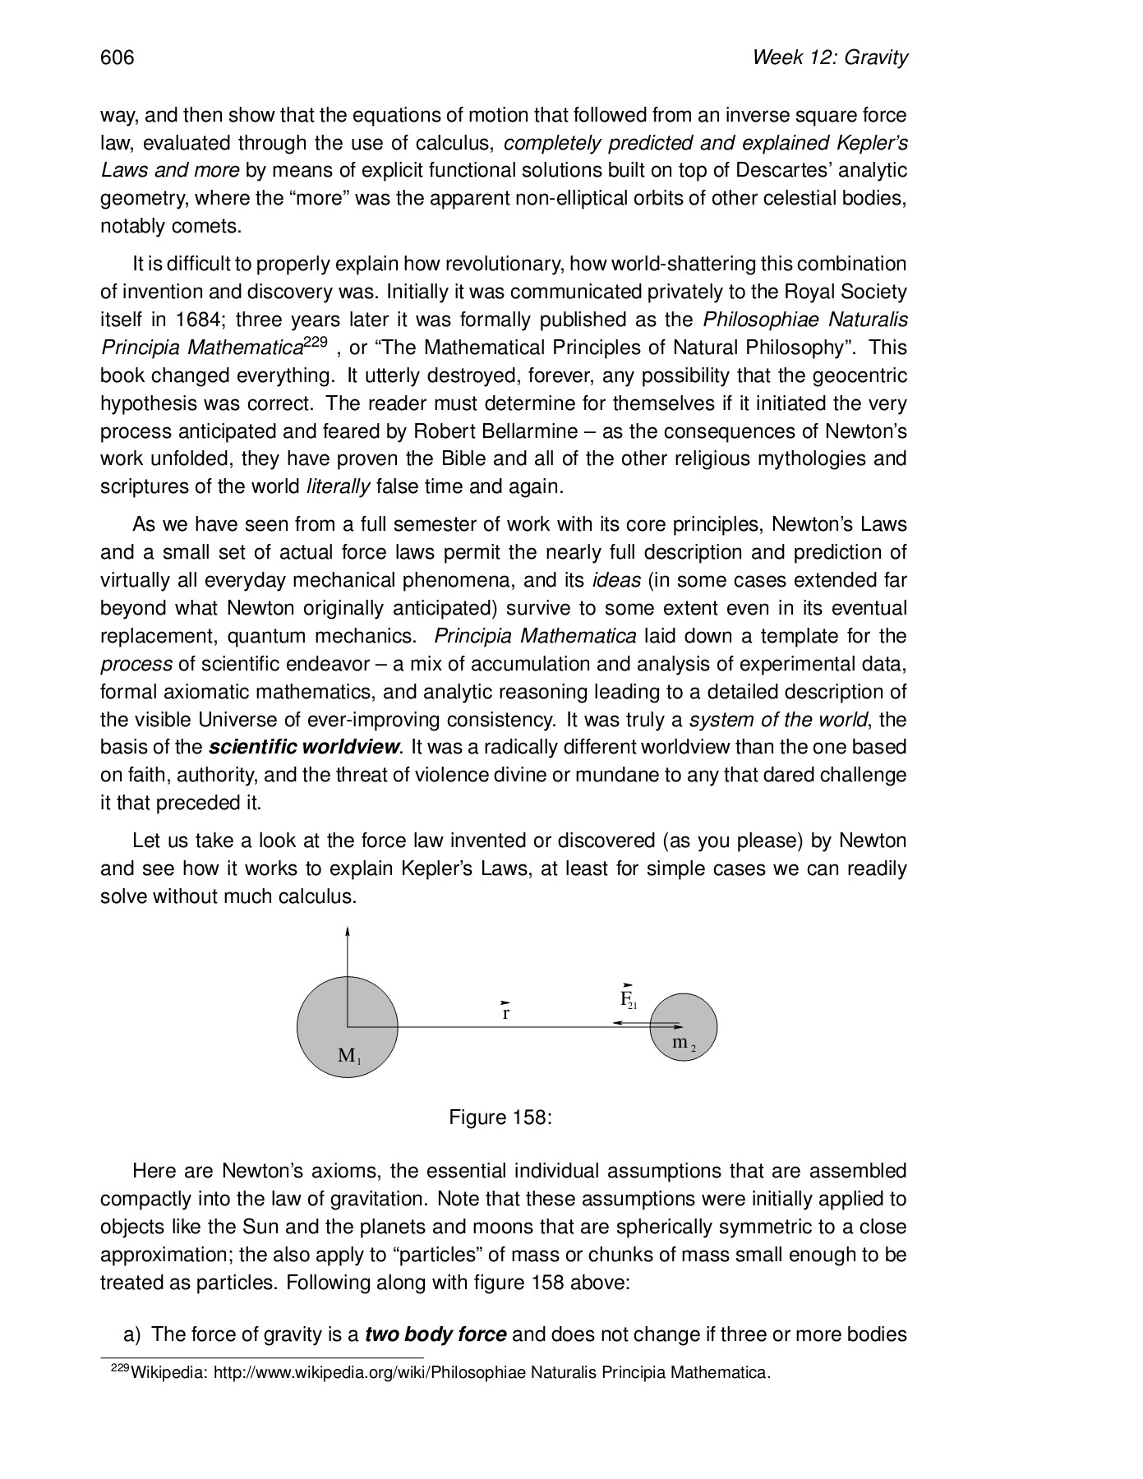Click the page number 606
[117, 58]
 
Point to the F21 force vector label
[628, 998]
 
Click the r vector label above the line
[506, 1012]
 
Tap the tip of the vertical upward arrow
[348, 931]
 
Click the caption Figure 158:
[500, 1117]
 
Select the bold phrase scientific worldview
[304, 748]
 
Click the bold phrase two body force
[436, 1334]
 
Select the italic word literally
[338, 487]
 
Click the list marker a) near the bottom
[133, 1334]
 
